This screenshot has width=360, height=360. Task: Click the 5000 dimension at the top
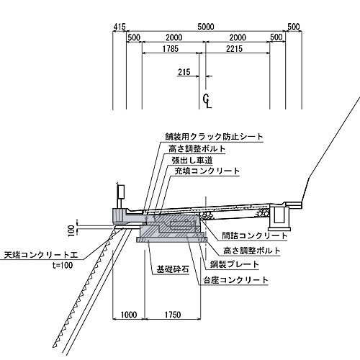[x=206, y=27]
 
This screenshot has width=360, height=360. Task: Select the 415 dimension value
[x=120, y=27]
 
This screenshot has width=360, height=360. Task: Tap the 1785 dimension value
[x=171, y=49]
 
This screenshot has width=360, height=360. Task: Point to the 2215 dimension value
[x=234, y=49]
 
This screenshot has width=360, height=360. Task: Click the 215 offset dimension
[x=184, y=72]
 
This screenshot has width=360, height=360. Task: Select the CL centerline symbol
[x=207, y=101]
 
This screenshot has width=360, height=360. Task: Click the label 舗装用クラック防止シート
[x=214, y=137]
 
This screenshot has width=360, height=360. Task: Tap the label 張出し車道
[x=192, y=161]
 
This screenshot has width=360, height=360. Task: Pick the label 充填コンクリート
[x=207, y=171]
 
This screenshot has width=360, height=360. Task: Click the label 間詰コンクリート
[x=254, y=235]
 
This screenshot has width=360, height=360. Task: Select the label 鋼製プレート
[x=235, y=264]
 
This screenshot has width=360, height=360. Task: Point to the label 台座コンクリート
[x=235, y=280]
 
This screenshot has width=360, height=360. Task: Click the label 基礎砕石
[x=173, y=269]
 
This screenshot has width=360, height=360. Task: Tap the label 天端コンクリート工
[x=41, y=255]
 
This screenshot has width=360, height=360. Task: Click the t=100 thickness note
[x=63, y=265]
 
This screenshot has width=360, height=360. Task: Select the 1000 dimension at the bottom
[x=129, y=315]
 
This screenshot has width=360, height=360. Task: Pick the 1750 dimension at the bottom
[x=173, y=315]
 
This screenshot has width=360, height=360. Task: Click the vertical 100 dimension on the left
[x=71, y=230]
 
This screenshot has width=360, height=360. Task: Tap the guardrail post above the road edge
[x=120, y=197]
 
